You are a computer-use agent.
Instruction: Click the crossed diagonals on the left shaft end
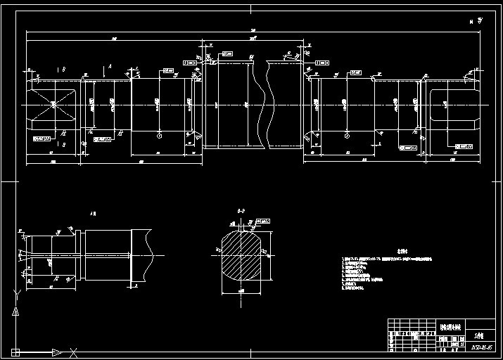point(53,105)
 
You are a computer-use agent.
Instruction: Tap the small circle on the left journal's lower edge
point(160,135)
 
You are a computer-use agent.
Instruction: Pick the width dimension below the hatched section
point(241,290)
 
